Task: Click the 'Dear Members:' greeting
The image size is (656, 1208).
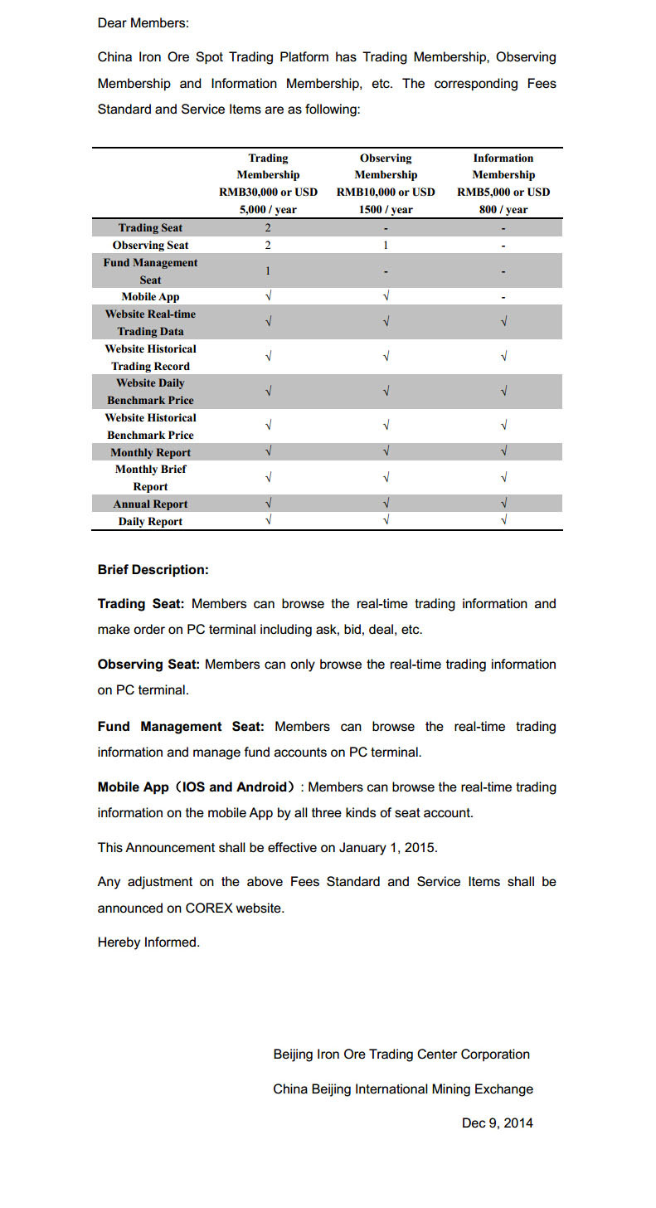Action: point(143,23)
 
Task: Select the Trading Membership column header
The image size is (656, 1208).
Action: point(268,183)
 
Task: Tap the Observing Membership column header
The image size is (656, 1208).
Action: point(386,183)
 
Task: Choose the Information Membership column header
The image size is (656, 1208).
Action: point(503,183)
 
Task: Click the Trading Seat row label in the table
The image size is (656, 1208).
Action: point(150,228)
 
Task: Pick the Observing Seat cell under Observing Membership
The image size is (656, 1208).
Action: point(386,246)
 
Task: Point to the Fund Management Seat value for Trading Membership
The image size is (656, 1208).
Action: point(268,271)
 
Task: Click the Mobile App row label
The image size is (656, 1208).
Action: point(150,297)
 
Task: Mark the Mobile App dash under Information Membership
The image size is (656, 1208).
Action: point(503,297)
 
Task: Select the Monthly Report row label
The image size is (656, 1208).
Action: point(150,453)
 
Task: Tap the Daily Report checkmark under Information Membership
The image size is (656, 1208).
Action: point(503,521)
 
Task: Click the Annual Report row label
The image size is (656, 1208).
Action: point(150,504)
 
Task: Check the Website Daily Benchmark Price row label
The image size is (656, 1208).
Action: point(150,392)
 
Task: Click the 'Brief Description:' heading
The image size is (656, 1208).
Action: point(153,570)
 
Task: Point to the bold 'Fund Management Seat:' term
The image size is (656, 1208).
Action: point(181,727)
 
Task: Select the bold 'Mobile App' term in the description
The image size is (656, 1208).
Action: point(134,787)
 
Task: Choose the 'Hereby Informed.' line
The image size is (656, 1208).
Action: point(148,943)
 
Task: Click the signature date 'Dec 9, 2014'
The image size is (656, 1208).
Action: point(497,1123)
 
